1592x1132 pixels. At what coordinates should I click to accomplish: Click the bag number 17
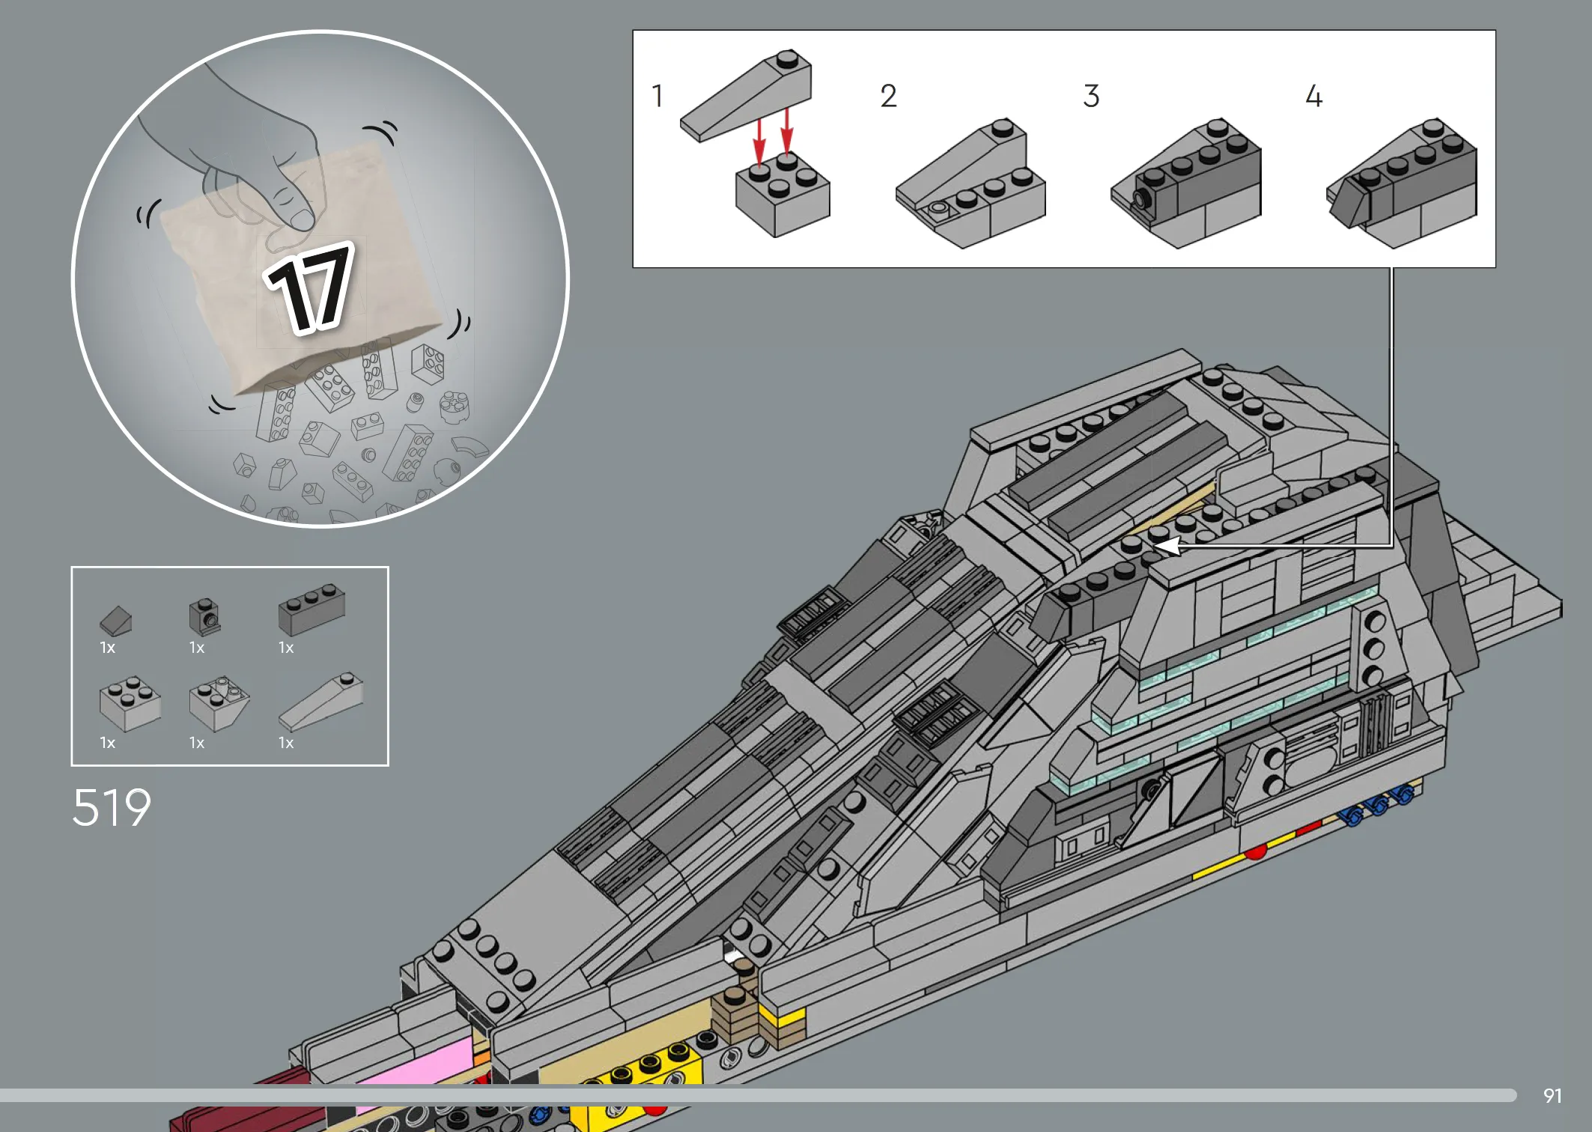click(309, 288)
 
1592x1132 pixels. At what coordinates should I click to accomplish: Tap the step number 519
click(112, 807)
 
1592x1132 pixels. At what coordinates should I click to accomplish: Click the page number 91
click(1552, 1096)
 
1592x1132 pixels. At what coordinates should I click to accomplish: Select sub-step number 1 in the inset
click(657, 96)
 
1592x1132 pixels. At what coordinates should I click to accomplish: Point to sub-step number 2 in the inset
click(888, 96)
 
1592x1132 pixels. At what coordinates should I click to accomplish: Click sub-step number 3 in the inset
click(1091, 96)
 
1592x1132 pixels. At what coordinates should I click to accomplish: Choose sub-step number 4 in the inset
click(1313, 96)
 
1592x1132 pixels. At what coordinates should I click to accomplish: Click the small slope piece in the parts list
click(115, 621)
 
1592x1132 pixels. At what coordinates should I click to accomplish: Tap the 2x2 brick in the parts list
click(130, 704)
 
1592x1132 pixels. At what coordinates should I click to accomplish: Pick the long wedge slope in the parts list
click(321, 701)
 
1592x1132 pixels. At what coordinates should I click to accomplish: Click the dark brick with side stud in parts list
click(204, 616)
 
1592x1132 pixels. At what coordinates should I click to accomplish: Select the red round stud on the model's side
click(1256, 852)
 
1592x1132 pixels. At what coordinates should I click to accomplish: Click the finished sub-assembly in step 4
click(1402, 183)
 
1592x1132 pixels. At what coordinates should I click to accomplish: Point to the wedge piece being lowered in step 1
click(746, 95)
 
